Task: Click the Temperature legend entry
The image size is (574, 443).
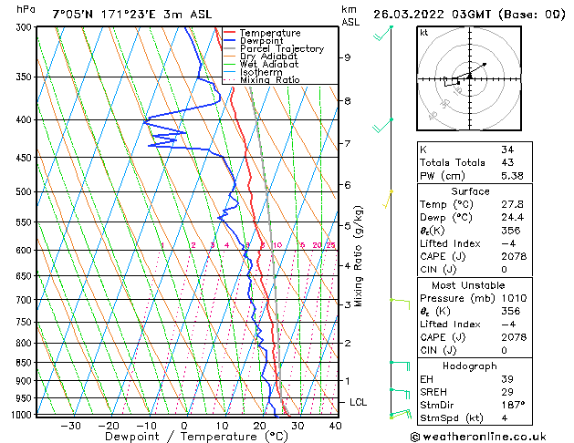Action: click(x=272, y=34)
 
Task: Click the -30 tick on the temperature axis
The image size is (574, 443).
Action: click(x=70, y=425)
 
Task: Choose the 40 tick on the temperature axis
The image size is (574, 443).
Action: click(x=335, y=425)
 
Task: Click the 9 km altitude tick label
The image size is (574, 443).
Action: click(x=348, y=57)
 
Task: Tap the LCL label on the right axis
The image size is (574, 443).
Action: click(x=360, y=402)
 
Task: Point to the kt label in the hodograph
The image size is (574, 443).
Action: click(x=425, y=33)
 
